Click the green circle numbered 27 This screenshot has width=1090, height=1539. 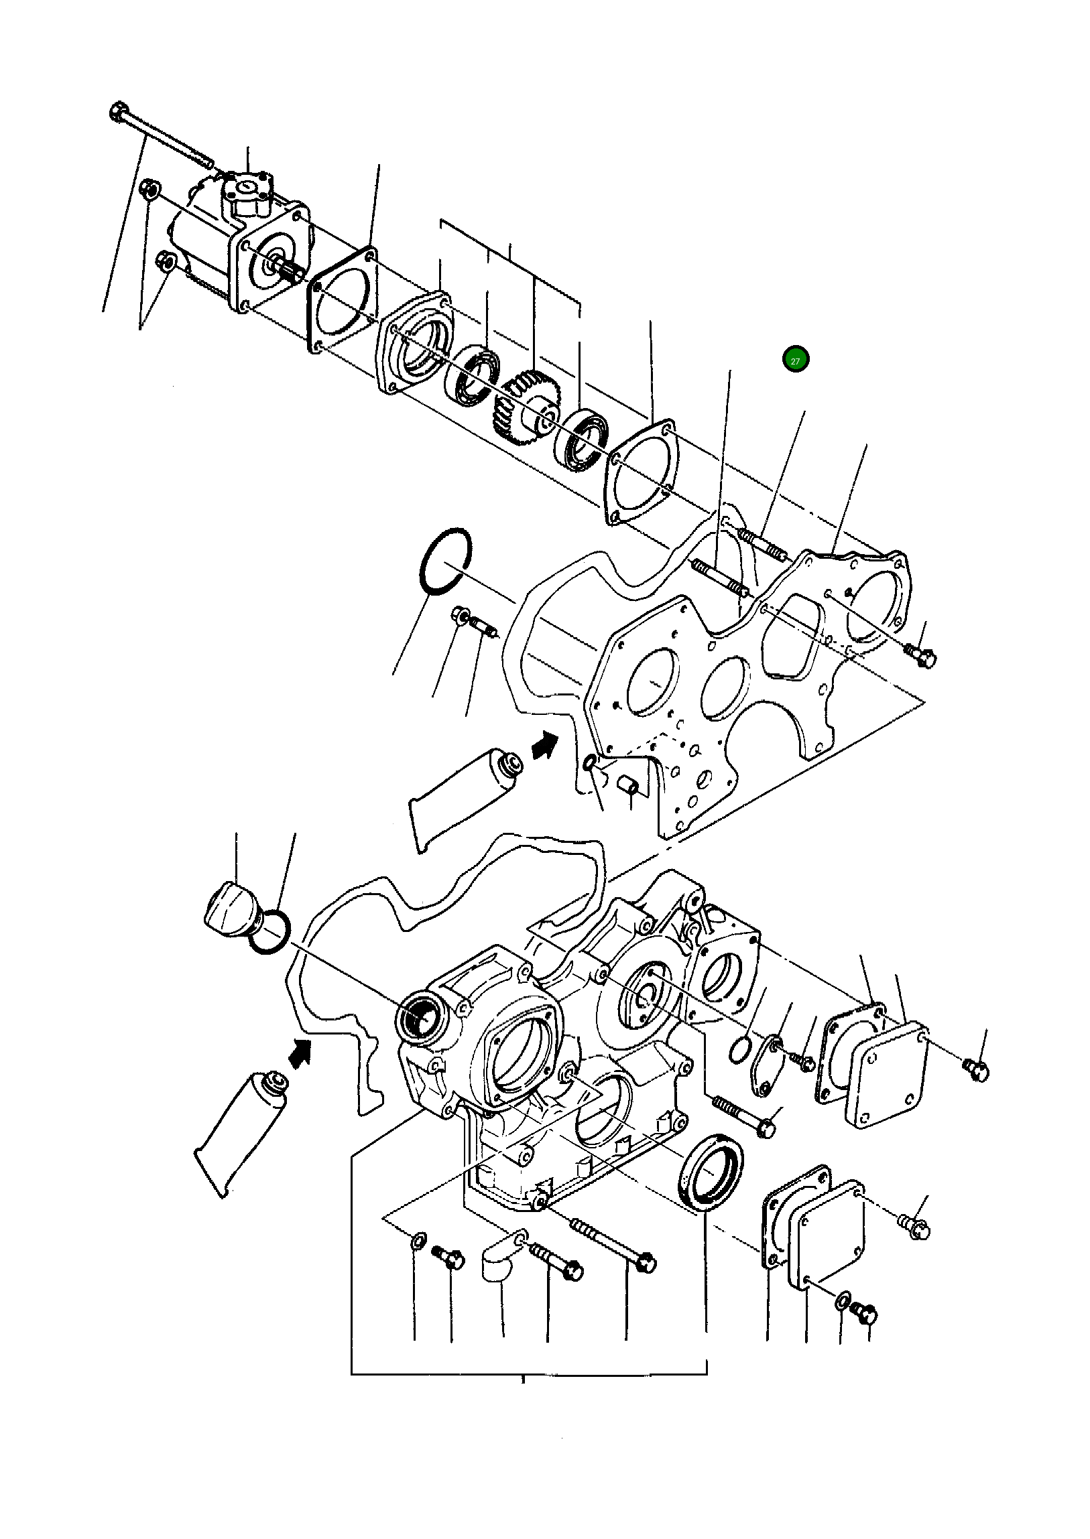tap(795, 360)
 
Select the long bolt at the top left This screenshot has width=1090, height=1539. tap(161, 137)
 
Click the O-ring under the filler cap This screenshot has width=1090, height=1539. tap(269, 933)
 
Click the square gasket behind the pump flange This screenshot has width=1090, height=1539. tap(343, 299)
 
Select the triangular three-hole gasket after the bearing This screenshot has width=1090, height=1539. tap(641, 473)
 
